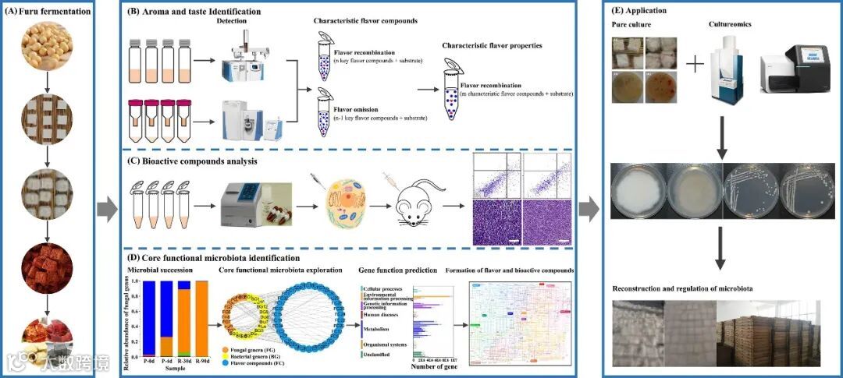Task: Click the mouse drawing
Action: click(414, 207)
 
